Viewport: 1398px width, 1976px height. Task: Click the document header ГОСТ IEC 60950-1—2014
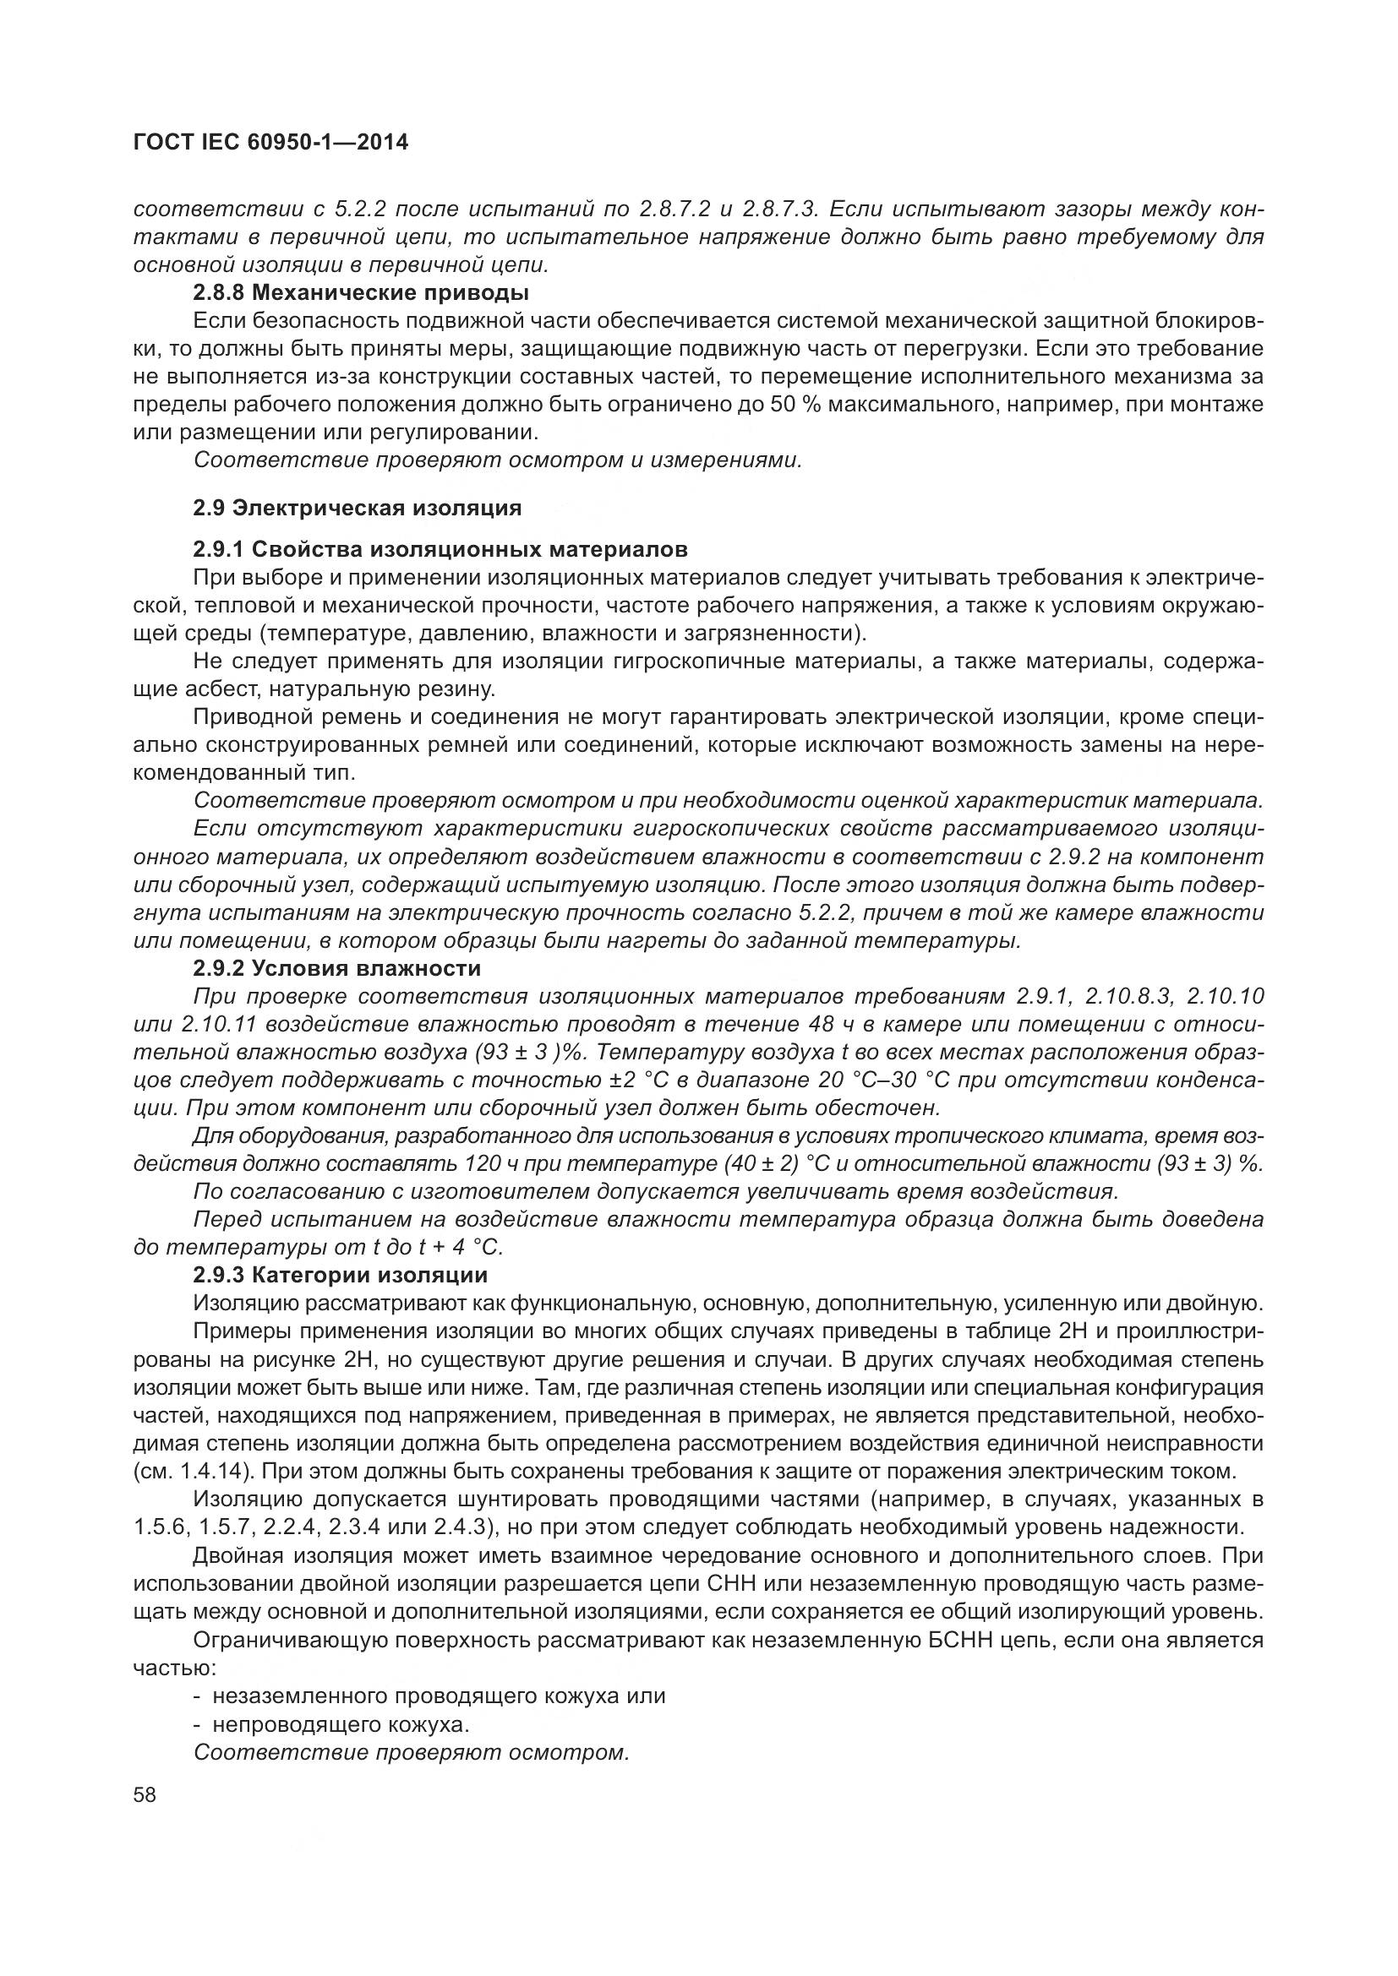(x=270, y=143)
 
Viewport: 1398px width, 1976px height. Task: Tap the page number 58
(x=145, y=1795)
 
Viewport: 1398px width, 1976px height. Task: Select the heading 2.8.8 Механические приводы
(x=361, y=292)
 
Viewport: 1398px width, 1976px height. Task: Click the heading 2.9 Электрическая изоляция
(x=358, y=508)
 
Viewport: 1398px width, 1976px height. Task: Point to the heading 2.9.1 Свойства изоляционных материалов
(x=440, y=549)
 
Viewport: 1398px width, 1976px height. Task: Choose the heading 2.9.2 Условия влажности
(x=336, y=968)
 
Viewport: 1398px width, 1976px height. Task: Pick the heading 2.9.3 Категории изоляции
(x=340, y=1275)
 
